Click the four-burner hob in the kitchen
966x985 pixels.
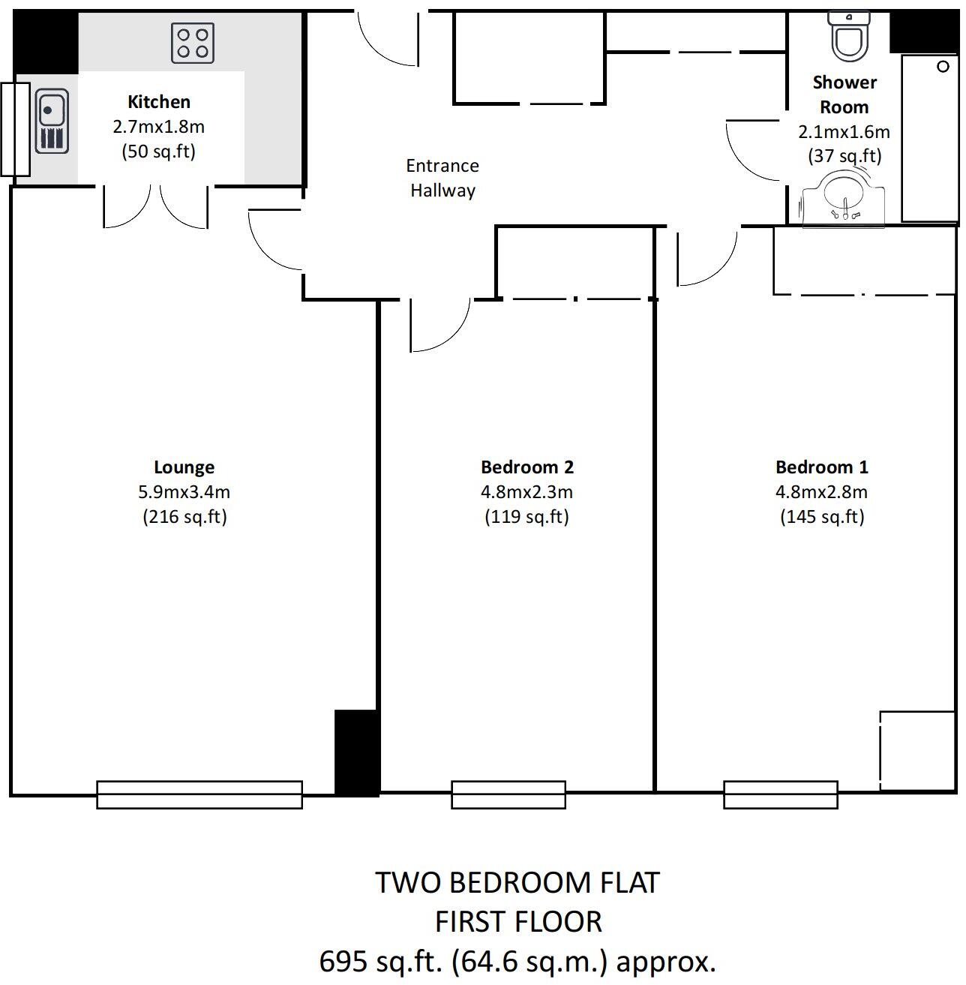(x=193, y=42)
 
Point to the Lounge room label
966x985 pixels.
(x=184, y=467)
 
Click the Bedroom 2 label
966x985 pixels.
(x=526, y=467)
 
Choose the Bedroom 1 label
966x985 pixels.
(x=821, y=467)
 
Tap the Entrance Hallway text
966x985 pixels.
(x=442, y=178)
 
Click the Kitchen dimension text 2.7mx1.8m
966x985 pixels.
(x=158, y=127)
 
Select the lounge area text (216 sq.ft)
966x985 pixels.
(x=184, y=517)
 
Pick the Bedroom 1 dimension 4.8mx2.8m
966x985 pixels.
(x=821, y=492)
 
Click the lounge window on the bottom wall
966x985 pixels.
(x=199, y=794)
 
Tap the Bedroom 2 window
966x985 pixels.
(x=508, y=794)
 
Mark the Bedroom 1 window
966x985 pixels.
(x=780, y=794)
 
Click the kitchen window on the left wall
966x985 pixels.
(x=14, y=129)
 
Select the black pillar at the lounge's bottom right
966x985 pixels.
(x=356, y=752)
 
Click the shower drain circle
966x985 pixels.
(x=943, y=68)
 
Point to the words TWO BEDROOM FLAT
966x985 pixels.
(x=517, y=883)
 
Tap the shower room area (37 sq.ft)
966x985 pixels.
(x=844, y=156)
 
